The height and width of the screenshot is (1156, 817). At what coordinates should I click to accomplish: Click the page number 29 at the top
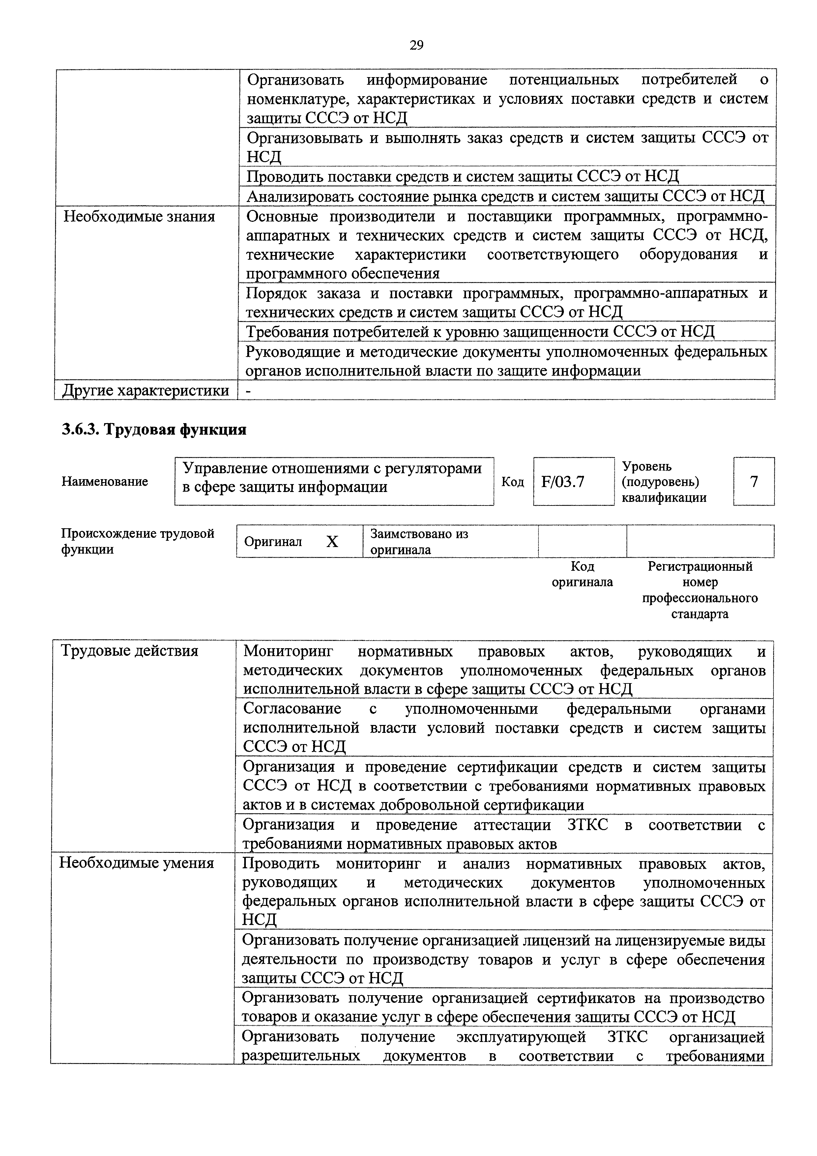coord(416,46)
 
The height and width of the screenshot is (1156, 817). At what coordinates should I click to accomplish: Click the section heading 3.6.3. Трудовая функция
coord(154,429)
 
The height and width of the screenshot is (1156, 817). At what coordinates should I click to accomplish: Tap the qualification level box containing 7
coord(754,482)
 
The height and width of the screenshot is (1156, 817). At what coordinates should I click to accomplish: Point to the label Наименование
coord(105,481)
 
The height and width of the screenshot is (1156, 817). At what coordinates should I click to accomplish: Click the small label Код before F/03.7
coord(512,482)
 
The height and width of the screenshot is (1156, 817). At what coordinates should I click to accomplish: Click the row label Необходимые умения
coord(137,863)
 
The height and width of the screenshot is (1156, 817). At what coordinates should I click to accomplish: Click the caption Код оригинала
coord(582,574)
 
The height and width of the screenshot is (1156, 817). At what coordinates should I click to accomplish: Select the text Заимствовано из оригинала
coord(419,541)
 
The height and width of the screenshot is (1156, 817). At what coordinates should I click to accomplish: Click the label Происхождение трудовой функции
coord(137,541)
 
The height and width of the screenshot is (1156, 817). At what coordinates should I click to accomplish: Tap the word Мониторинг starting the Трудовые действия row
coord(288,651)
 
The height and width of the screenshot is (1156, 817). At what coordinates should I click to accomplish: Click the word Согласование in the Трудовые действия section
coord(292,708)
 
